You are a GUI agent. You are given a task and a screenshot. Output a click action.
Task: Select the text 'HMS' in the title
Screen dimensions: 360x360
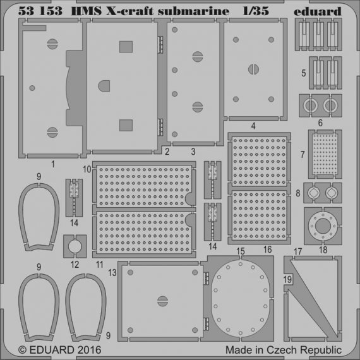pyautogui.click(x=88, y=11)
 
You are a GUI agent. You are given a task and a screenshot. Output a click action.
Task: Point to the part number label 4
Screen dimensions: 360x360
pyautogui.click(x=253, y=125)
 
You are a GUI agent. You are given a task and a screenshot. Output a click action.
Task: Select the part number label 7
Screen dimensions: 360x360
pyautogui.click(x=303, y=154)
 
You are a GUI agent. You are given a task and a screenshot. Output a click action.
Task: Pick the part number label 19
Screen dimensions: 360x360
pyautogui.click(x=287, y=278)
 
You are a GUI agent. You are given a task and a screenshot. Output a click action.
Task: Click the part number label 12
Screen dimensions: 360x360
pyautogui.click(x=75, y=263)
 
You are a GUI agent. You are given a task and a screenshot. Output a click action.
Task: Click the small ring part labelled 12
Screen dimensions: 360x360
pyautogui.click(x=75, y=243)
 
